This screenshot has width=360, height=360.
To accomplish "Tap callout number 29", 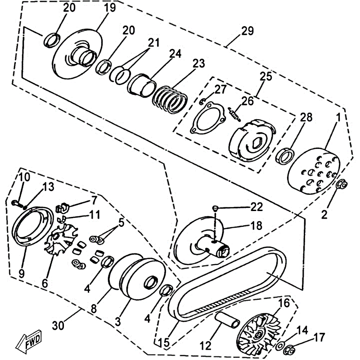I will coord(247,31).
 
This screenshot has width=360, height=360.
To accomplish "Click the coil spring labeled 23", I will coord(170,97).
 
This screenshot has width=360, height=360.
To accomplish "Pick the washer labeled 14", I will coord(280,345).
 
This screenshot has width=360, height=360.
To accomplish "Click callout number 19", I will coord(110,8).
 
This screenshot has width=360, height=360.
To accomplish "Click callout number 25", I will coord(266,76).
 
